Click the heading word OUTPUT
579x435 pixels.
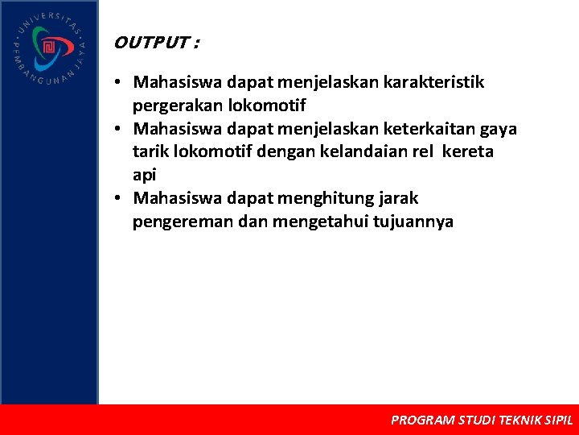click(x=150, y=43)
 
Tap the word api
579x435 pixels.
click(x=144, y=175)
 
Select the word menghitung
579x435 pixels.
click(x=321, y=198)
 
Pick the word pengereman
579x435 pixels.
click(x=183, y=222)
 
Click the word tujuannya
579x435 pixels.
click(x=413, y=222)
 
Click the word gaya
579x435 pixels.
click(x=499, y=129)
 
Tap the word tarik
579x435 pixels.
click(x=150, y=151)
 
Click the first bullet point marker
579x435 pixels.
click(x=117, y=83)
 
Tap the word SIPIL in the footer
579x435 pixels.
click(x=559, y=420)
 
